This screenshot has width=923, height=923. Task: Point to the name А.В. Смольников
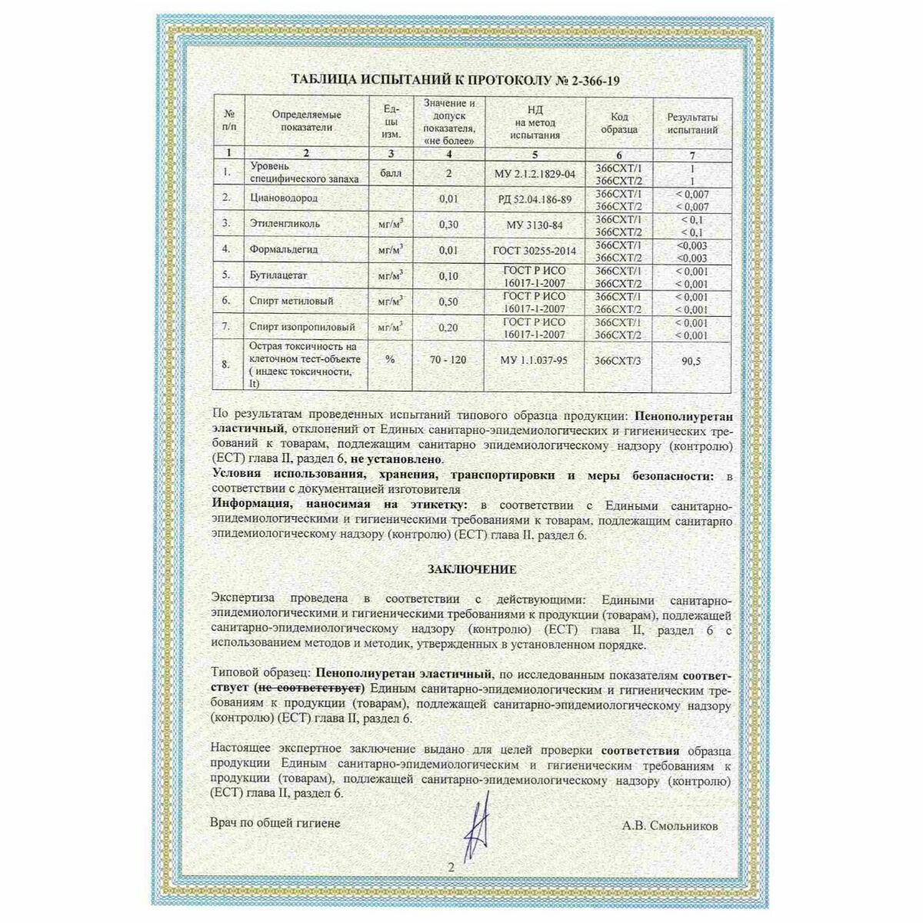click(671, 825)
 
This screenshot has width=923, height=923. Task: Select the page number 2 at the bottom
click(452, 867)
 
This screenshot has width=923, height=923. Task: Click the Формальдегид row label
click(285, 249)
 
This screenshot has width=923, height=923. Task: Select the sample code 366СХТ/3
click(618, 360)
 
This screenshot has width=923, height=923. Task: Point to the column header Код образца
click(618, 124)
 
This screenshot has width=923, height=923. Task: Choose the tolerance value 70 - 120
click(448, 360)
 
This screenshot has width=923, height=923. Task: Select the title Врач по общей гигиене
click(275, 823)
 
